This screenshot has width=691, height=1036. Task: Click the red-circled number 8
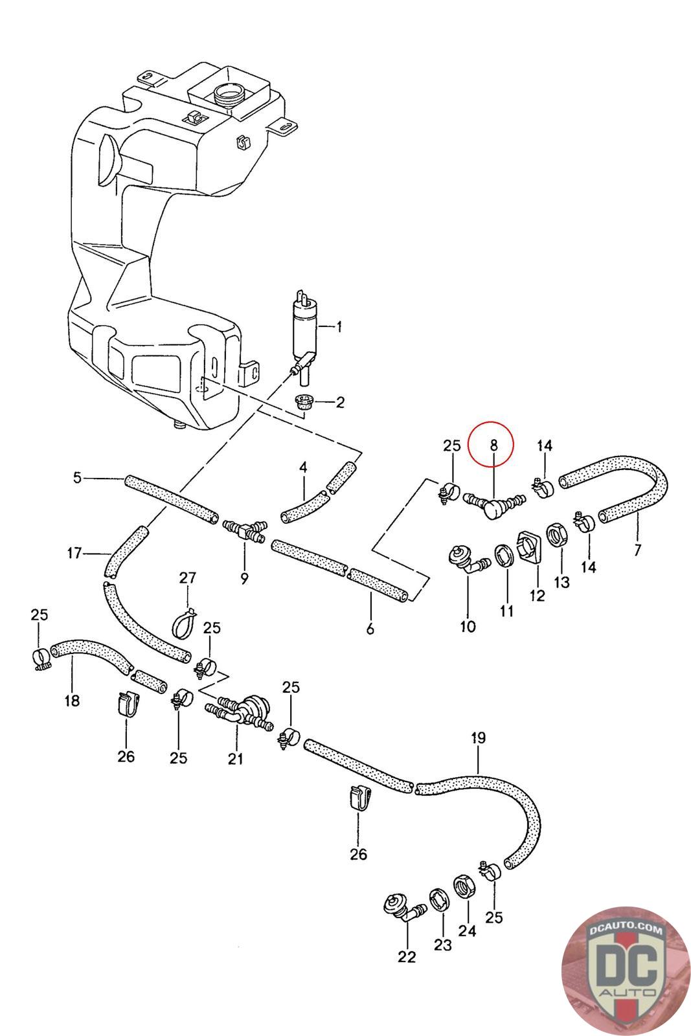[493, 445]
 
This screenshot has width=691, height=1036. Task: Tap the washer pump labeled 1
[302, 330]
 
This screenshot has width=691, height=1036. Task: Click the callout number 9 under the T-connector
[244, 578]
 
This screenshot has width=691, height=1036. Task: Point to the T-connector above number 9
[245, 531]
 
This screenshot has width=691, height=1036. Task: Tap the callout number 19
[479, 738]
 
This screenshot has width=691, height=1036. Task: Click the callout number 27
[187, 578]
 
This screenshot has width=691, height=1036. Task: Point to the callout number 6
[370, 628]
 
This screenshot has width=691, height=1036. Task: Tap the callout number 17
[74, 553]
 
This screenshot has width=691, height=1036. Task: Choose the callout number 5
[78, 479]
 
